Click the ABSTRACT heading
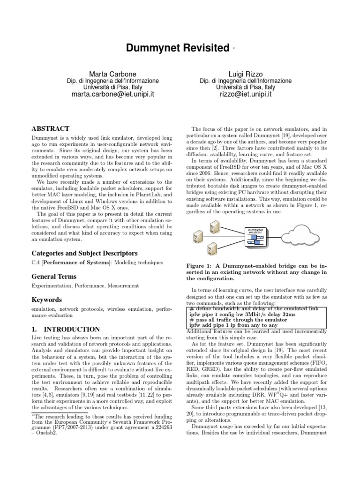(x=50, y=128)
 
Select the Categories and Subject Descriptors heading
(x=84, y=253)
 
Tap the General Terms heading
(x=53, y=277)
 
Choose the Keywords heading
(x=47, y=300)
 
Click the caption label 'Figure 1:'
(x=201, y=265)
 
